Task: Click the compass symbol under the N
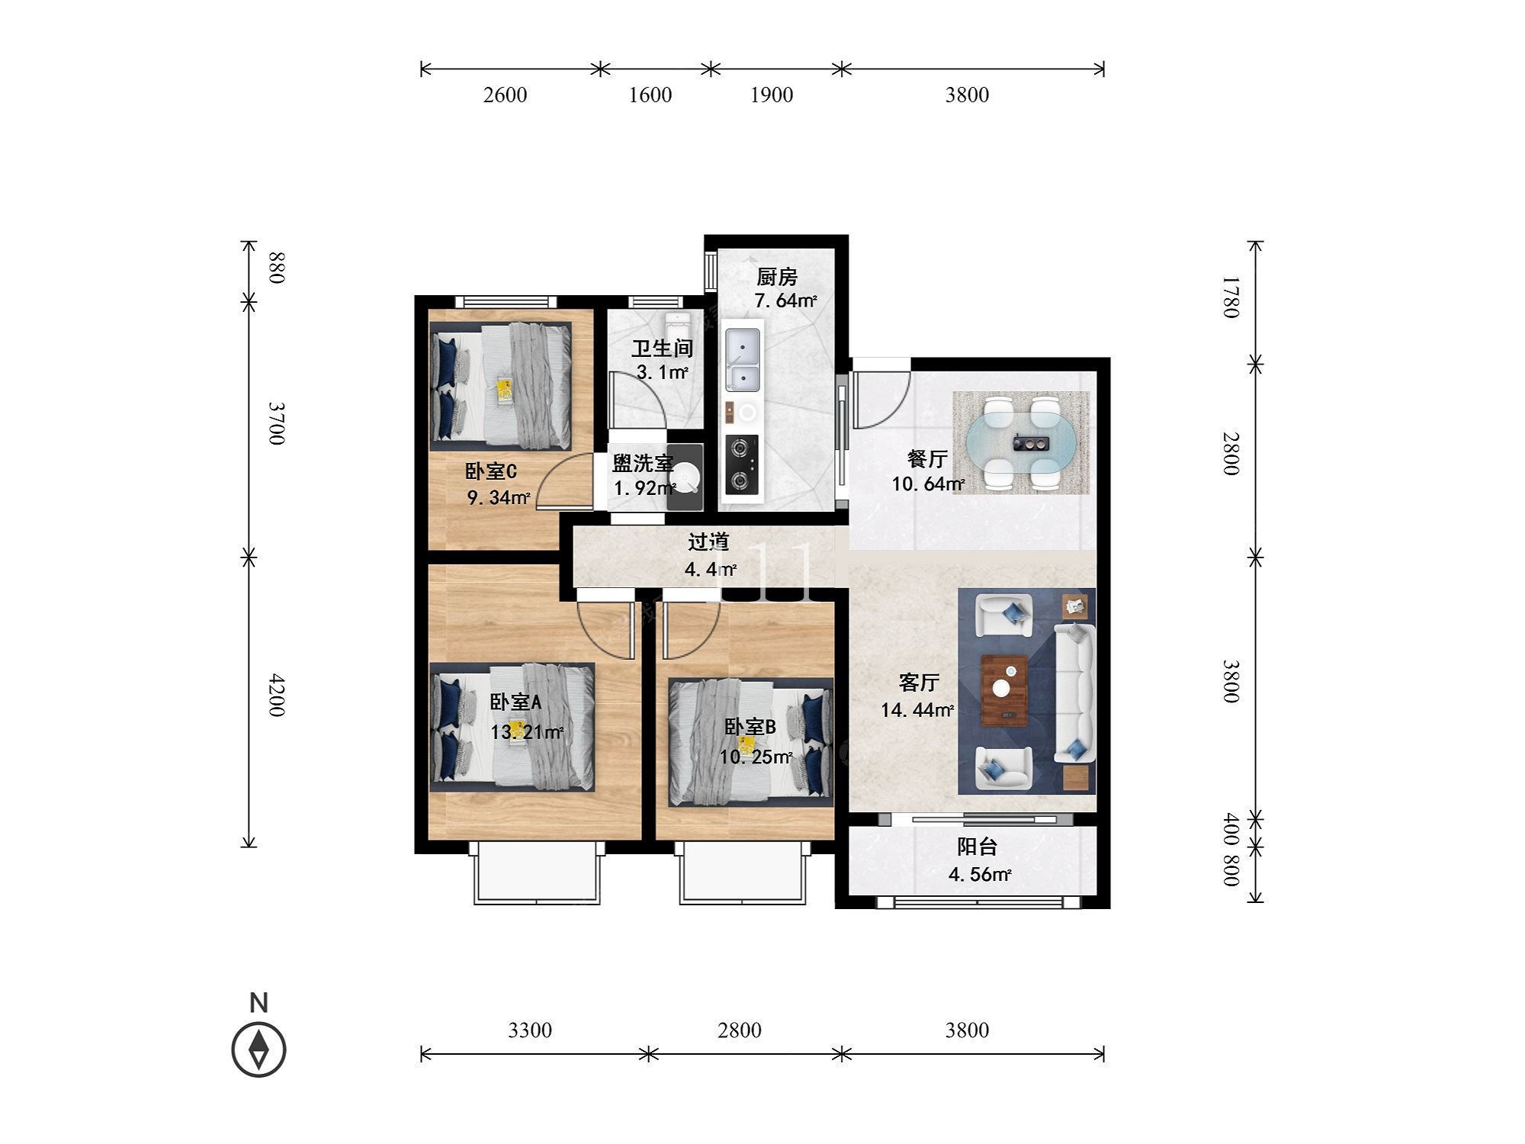coord(259,1049)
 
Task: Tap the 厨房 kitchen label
coord(777,277)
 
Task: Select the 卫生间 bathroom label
coord(662,349)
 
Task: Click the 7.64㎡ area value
coord(785,300)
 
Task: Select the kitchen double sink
coord(742,358)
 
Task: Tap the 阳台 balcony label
coord(977,847)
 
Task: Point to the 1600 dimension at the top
coord(650,95)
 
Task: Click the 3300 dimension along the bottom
coord(530,1030)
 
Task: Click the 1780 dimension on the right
coord(1231,297)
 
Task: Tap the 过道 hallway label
coord(708,541)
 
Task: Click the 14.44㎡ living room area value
coord(917,710)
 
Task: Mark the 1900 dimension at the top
coord(772,95)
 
